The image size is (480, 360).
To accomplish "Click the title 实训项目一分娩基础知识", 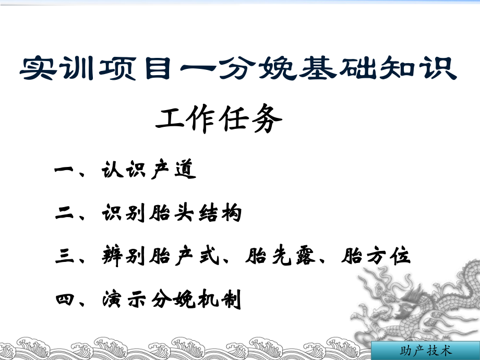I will (238, 69).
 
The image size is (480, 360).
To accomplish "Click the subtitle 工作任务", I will (220, 122).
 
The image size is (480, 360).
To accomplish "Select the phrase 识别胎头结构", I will (172, 213).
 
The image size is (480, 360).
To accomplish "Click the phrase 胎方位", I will (376, 257).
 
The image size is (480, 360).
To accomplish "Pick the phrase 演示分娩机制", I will (172, 300).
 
